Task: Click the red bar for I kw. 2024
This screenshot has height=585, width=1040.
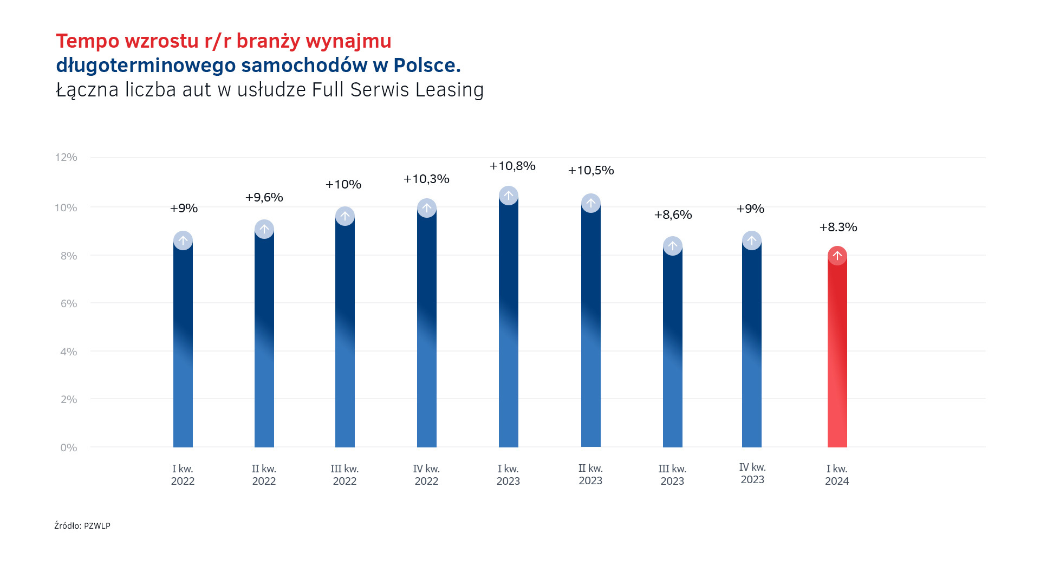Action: (837, 352)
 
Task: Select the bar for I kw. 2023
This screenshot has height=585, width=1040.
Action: (508, 325)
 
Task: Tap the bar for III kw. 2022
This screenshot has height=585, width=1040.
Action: (344, 336)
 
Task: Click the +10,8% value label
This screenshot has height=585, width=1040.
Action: (512, 166)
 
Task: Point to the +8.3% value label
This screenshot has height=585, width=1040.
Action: (838, 227)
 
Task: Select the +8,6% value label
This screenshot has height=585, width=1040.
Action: (673, 215)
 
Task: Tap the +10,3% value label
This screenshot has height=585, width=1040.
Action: (426, 179)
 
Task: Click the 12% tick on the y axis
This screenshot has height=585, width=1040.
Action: (66, 158)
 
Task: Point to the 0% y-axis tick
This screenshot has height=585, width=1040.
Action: (69, 448)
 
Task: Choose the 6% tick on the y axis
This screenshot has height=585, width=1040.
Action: (69, 304)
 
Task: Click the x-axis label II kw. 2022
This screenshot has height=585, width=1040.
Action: (264, 475)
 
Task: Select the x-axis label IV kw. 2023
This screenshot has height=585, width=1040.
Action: (752, 473)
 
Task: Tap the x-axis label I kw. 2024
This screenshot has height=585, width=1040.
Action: (837, 475)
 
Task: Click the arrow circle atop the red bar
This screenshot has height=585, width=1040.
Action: (837, 256)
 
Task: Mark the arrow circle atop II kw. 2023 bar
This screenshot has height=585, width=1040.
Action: (590, 203)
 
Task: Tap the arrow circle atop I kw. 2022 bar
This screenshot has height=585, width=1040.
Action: (183, 240)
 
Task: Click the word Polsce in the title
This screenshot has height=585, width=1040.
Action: (427, 65)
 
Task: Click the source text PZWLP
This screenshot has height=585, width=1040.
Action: (97, 526)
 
